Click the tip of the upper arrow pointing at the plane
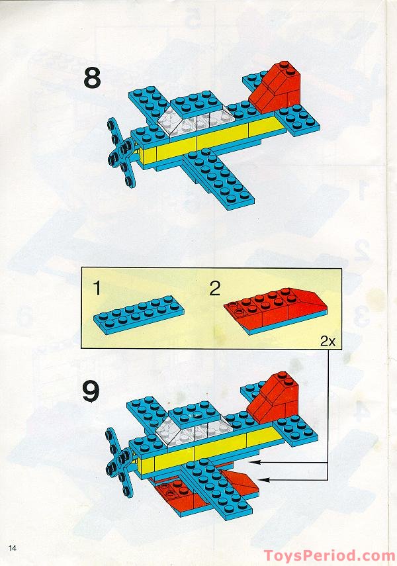(x=251, y=461)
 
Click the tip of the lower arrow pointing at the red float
(x=259, y=480)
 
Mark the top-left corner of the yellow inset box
(x=81, y=267)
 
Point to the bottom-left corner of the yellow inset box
(x=81, y=348)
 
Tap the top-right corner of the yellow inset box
(x=341, y=267)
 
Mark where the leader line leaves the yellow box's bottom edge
(x=328, y=348)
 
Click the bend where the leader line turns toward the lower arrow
(x=328, y=480)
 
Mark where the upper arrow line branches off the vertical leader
(x=328, y=461)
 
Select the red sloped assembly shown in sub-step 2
(x=276, y=310)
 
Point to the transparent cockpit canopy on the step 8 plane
(x=200, y=119)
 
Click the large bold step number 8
(x=92, y=79)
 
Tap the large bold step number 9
(x=91, y=393)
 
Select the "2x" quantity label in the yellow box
(x=328, y=341)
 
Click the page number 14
(x=13, y=548)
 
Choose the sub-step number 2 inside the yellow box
(x=215, y=289)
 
